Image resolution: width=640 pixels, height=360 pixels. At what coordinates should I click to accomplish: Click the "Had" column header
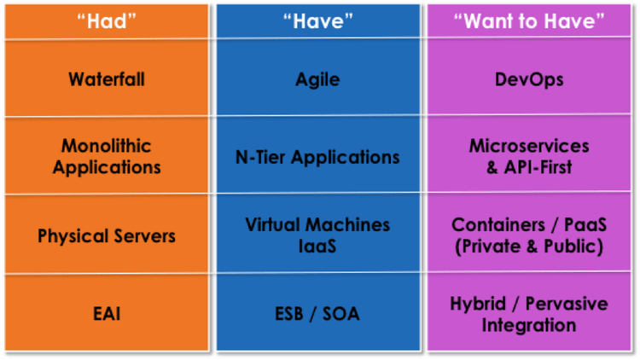[x=107, y=20]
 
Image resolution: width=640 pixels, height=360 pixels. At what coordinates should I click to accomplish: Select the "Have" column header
[x=318, y=20]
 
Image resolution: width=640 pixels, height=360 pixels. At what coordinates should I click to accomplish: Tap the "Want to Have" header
[x=529, y=20]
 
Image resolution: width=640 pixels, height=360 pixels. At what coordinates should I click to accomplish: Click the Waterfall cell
[x=107, y=79]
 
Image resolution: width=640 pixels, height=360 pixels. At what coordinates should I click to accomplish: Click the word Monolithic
[x=106, y=146]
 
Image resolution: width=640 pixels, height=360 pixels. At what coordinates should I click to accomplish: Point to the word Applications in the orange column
[x=107, y=168]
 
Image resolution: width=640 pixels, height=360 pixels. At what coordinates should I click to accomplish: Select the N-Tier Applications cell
[x=317, y=158]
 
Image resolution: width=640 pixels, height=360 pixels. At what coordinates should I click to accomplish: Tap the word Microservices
[x=529, y=146]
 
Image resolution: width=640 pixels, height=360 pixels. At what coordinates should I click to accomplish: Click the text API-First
[x=538, y=167]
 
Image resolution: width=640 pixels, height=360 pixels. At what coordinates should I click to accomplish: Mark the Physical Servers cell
[x=107, y=236]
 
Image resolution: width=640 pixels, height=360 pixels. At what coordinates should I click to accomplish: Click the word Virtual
[x=273, y=225]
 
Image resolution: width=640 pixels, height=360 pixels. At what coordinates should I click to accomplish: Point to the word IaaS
[x=317, y=247]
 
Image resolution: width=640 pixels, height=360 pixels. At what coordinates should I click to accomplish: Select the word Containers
[x=498, y=225]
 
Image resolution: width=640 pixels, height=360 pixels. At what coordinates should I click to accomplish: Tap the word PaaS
[x=585, y=225]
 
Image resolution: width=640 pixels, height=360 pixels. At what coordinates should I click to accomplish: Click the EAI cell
[x=107, y=314]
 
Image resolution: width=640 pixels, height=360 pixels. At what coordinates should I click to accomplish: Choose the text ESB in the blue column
[x=289, y=314]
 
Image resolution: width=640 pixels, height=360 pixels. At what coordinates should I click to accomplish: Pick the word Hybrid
[x=478, y=304]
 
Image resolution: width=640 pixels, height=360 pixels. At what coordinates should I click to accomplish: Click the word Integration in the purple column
[x=529, y=326]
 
